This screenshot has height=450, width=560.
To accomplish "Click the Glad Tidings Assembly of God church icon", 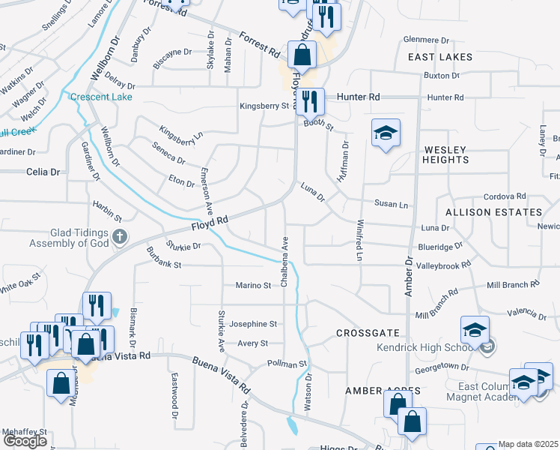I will coord(119,238).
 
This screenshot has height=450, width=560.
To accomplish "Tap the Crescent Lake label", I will coord(101,97).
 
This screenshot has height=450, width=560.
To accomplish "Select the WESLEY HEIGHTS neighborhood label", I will coord(445,154).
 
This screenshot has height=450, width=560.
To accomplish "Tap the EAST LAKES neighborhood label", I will coord(440,57).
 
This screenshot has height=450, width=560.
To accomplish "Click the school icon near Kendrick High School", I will coord(475,329).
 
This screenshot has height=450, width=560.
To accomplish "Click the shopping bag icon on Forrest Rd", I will coord(301,54).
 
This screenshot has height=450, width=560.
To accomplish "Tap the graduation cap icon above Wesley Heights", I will coord(386,133).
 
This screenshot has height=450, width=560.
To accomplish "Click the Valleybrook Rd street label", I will coord(443,265).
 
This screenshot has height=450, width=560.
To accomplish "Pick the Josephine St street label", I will coord(253,324).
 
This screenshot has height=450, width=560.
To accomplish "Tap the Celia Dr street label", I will coord(43,172).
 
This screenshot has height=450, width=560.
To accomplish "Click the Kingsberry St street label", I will coord(264,106).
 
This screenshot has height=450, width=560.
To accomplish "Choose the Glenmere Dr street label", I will coord(426,40).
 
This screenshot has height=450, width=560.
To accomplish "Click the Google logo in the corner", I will coord(25,441).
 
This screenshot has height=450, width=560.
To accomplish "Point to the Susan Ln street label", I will coord(392,204).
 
